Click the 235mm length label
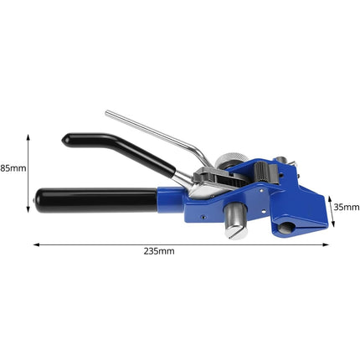coord(160,250)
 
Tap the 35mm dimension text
coord(345,206)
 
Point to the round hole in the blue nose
coord(286,227)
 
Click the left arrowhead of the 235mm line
coord(36,244)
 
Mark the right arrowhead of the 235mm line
coord(327,244)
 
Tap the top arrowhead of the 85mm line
coord(31,135)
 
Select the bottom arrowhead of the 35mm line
coord(332,226)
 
